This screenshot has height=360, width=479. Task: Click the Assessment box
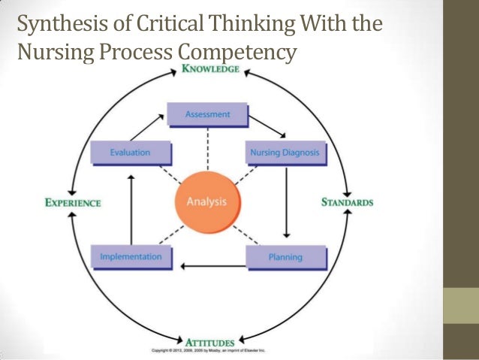208,115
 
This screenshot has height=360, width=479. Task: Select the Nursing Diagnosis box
285,153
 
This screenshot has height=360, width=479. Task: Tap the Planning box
285,257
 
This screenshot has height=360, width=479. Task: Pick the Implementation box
131,257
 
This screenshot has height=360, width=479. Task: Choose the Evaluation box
131,153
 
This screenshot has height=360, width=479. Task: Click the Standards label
347,202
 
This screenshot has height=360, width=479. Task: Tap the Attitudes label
209,343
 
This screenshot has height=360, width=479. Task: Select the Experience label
73,202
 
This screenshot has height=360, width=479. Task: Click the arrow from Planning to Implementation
214,265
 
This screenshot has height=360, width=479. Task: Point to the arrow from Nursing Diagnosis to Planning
286,203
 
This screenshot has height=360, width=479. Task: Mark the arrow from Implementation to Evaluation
131,207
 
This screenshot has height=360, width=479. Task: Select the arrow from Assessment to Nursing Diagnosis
269,126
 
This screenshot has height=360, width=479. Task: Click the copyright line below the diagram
208,351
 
